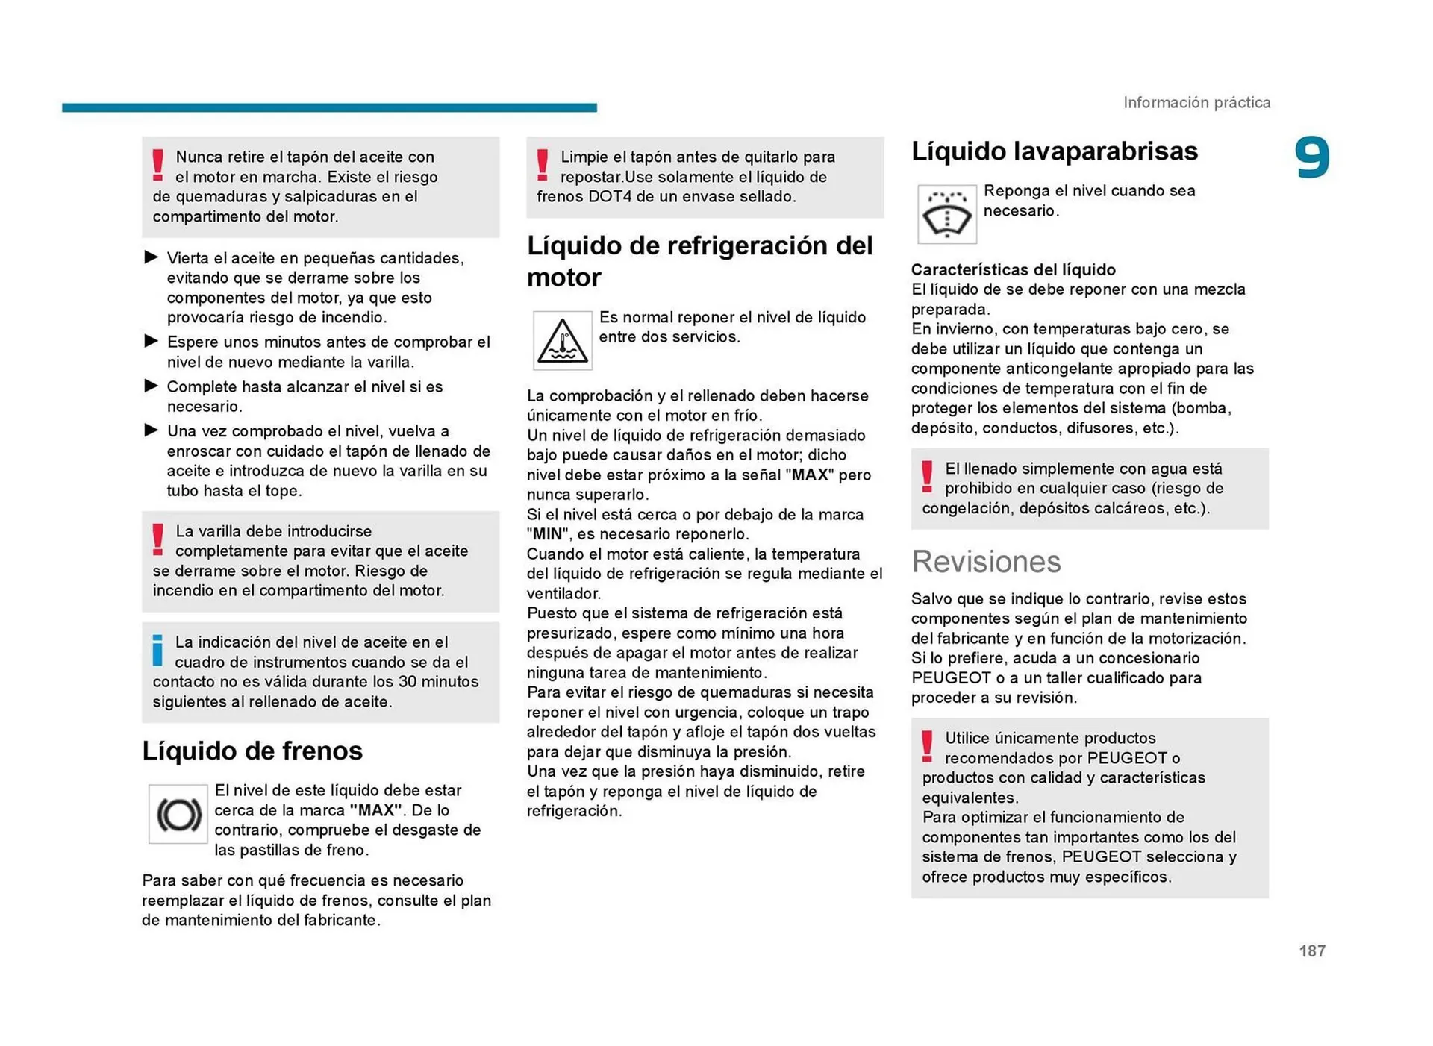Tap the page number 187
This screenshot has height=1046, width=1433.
click(x=1311, y=951)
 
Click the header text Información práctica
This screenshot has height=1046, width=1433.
click(x=1196, y=103)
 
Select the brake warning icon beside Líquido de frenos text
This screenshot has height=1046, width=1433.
click(x=178, y=814)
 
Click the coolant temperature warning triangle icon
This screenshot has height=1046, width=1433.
click(x=562, y=341)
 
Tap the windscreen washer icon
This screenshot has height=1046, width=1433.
click(x=946, y=215)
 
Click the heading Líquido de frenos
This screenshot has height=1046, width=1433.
click(x=252, y=751)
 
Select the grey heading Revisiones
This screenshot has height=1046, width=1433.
click(x=985, y=562)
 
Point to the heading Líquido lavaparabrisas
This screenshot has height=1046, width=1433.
click(x=1054, y=151)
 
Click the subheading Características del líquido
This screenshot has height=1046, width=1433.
click(x=1013, y=269)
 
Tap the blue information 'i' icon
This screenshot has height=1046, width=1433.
click(x=157, y=650)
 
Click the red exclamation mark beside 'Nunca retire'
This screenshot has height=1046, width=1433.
click(x=157, y=165)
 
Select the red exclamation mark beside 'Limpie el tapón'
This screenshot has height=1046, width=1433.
click(x=543, y=165)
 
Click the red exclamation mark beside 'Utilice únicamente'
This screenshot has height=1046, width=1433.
click(x=927, y=746)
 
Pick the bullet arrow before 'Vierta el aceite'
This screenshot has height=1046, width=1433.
click(x=152, y=257)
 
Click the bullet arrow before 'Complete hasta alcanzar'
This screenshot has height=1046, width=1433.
click(x=152, y=386)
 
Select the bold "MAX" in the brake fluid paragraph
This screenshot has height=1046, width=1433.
click(x=375, y=810)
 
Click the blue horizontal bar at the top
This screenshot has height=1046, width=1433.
click(x=329, y=107)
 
